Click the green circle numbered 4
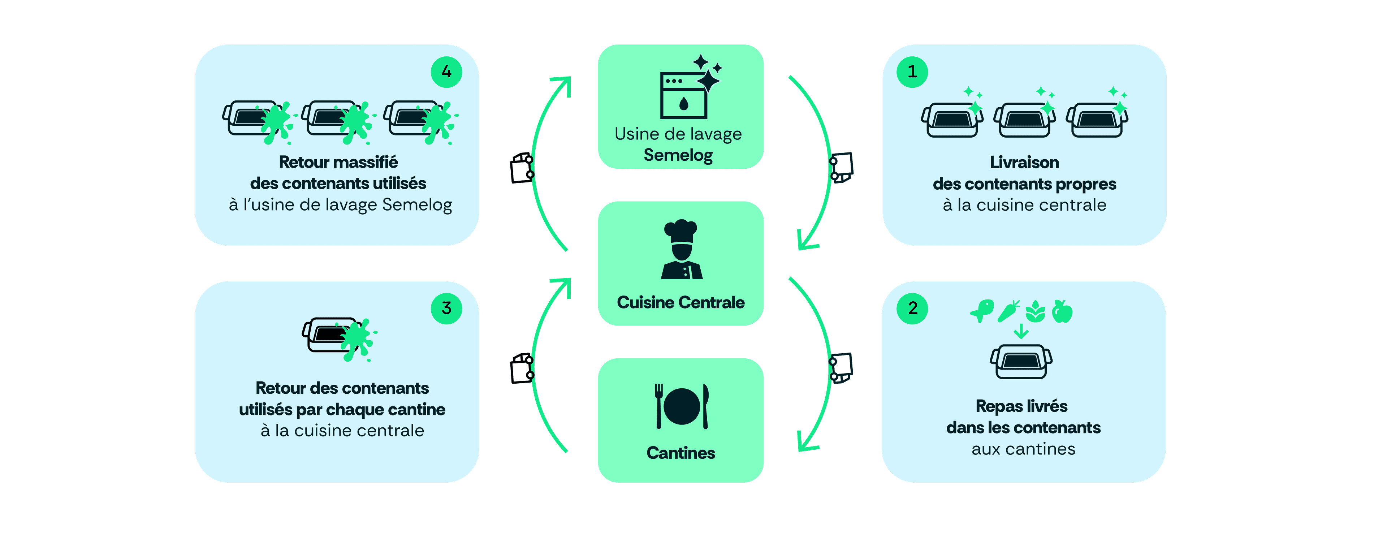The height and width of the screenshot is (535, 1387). pos(446,72)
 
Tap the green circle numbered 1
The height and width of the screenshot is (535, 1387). pos(912,72)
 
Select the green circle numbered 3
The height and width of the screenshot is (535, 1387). pos(446,309)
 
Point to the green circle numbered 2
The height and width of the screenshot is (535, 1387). pos(912,309)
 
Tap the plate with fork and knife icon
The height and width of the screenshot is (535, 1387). pos(681,407)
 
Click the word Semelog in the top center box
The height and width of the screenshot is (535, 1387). pos(678,155)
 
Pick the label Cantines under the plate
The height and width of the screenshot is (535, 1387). pos(680,453)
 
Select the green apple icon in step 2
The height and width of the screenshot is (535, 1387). pos(1062,311)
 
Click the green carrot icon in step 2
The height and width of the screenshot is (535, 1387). pos(1008,311)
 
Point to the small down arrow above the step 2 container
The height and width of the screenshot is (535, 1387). pos(1021,331)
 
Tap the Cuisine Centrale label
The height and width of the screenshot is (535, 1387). pos(680,302)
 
